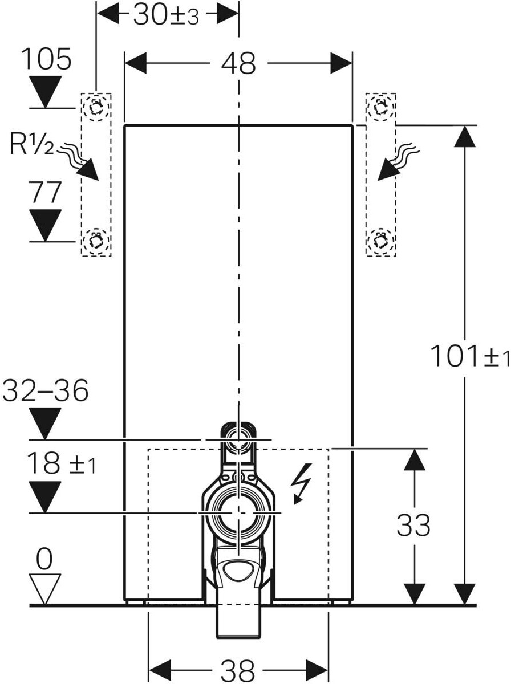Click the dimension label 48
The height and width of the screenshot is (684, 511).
pos(238,63)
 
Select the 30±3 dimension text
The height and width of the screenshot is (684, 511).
pos(165,15)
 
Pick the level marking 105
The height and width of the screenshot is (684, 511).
pos(46,59)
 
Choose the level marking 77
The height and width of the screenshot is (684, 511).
pos(45,193)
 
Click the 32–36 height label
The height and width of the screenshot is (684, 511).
pos(46,391)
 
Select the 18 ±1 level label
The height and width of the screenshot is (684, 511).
pos(62,463)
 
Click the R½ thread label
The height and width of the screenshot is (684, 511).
pos(31,144)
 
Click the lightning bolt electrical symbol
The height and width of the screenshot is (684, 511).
pos(301,483)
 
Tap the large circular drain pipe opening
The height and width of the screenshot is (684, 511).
pos(238,512)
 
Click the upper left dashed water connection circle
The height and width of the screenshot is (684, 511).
pos(96,108)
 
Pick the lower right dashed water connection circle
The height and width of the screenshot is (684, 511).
pos(380,241)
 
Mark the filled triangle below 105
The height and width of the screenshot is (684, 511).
pos(45,92)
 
